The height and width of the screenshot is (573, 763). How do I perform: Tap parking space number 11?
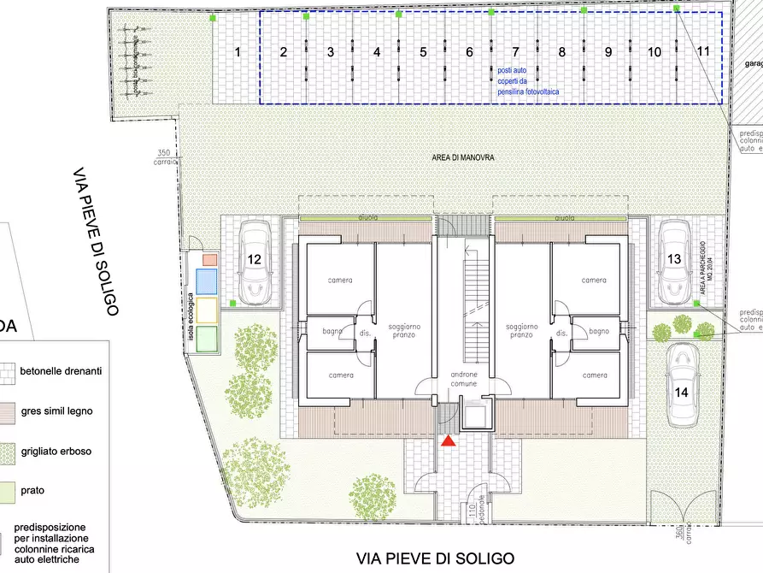coord(703,51)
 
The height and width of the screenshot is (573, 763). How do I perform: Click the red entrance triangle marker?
coord(447,440)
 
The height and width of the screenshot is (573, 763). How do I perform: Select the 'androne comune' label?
coord(464,380)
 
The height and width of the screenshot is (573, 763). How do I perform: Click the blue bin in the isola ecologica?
coord(208,282)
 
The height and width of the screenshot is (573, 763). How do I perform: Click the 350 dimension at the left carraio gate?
coord(164,153)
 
